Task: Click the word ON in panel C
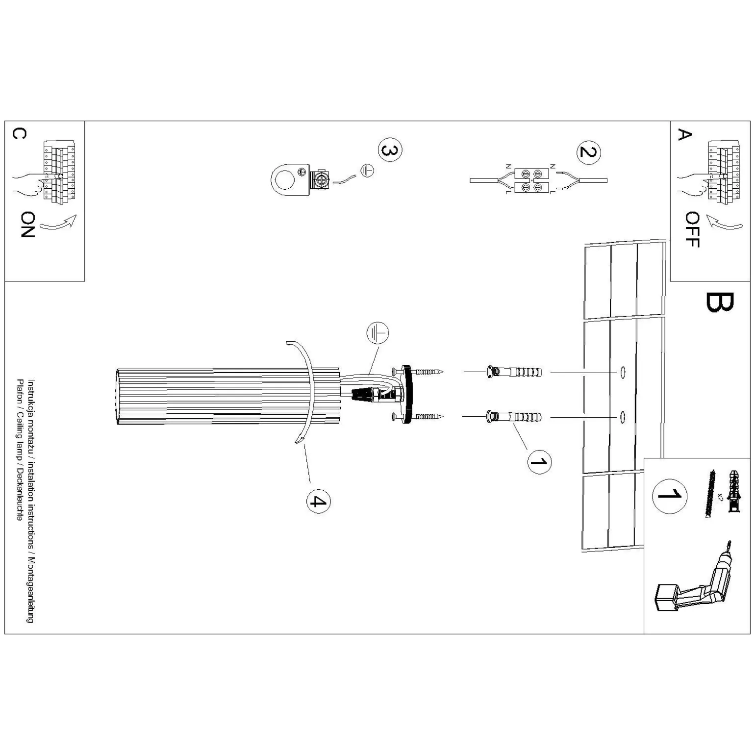point(27,225)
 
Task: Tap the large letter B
point(720,302)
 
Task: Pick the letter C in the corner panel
point(18,134)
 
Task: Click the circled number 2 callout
point(588,151)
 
